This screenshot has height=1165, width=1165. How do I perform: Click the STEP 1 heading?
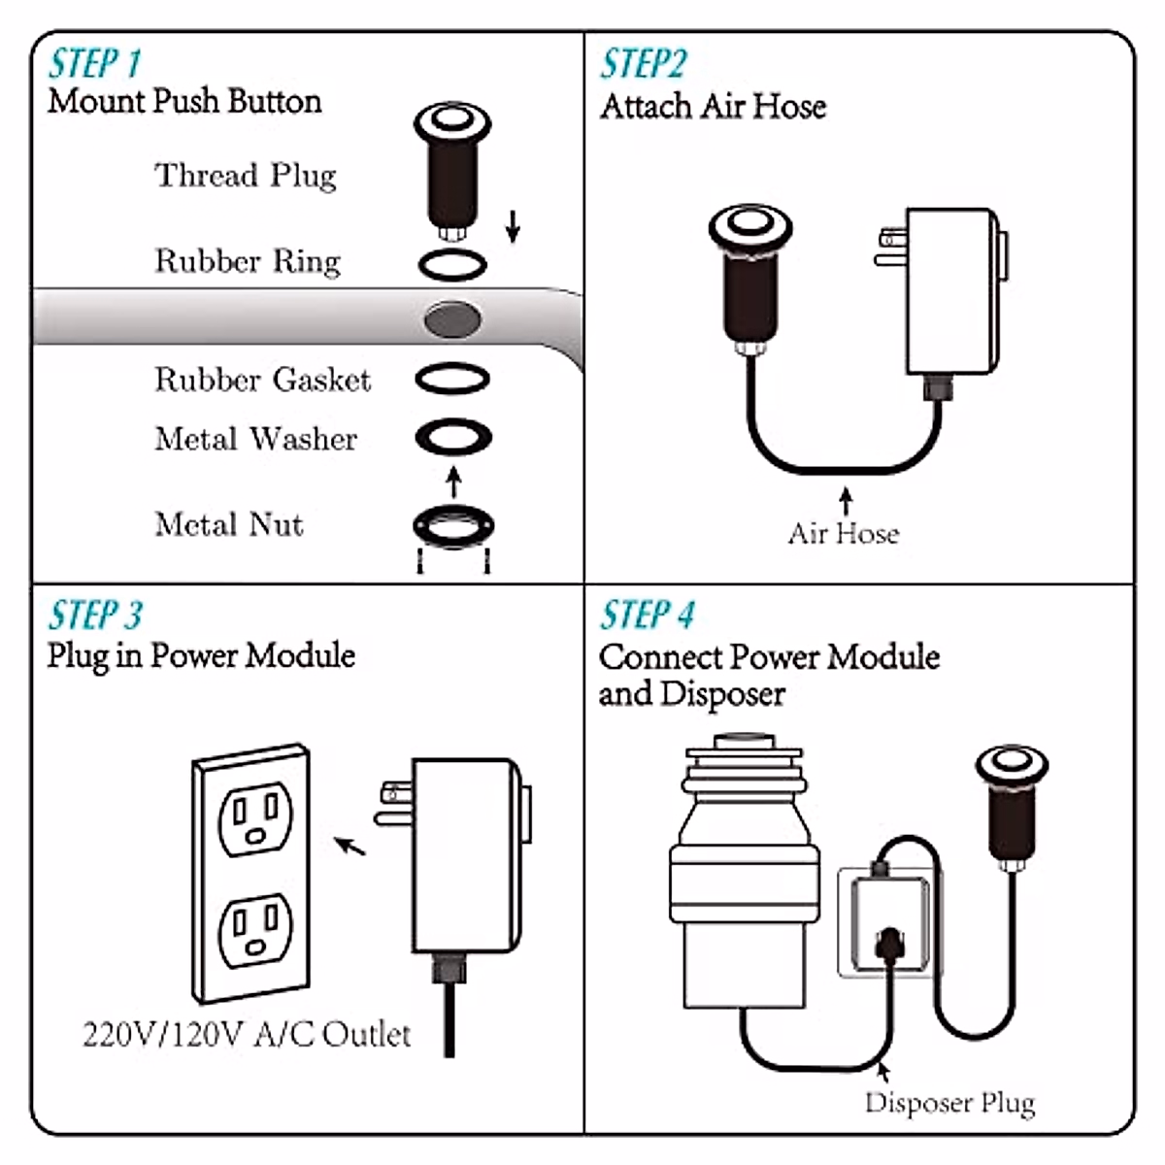point(95,63)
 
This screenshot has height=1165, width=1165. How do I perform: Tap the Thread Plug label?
point(245,175)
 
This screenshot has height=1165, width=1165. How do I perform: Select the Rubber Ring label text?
point(248,261)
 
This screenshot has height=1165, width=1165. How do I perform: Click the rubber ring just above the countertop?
point(452,263)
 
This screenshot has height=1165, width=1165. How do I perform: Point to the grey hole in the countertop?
point(453,318)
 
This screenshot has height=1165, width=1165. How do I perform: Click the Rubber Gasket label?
point(262,380)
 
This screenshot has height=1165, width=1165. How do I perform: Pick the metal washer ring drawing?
point(453,437)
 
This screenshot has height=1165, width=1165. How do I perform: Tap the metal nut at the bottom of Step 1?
point(453,527)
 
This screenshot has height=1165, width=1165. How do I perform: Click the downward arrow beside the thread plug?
point(513,225)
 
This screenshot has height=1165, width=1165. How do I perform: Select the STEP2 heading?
point(643,64)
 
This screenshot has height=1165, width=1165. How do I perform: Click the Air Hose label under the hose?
point(843,533)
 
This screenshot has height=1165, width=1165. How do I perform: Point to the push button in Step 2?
point(749,277)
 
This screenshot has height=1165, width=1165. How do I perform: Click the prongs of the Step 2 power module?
point(889,249)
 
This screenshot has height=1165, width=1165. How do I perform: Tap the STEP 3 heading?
point(95,616)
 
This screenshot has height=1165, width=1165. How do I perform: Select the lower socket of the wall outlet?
point(252,930)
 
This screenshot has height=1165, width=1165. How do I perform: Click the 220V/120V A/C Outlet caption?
point(247,1034)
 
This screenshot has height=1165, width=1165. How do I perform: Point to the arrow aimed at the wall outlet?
point(349,846)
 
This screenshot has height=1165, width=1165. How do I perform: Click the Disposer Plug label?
point(949,1103)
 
